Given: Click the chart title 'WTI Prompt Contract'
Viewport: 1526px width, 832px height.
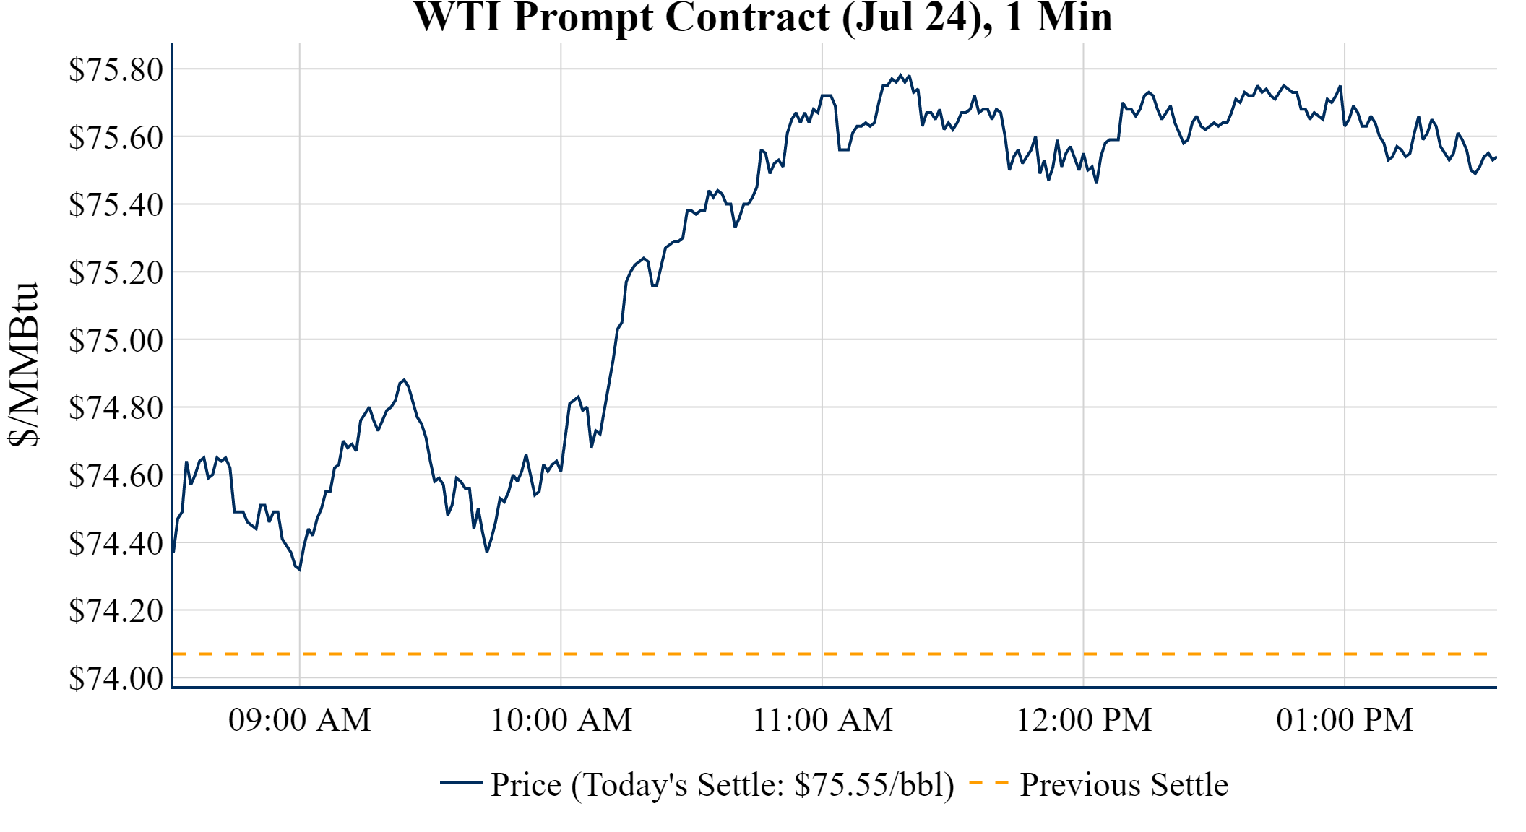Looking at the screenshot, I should coord(762,17).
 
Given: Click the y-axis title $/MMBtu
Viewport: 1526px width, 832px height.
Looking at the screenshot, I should coord(23,365).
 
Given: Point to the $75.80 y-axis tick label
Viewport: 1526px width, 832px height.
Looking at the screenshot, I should coord(116,70).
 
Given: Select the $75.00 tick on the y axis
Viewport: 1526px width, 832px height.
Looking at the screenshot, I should coord(116,340).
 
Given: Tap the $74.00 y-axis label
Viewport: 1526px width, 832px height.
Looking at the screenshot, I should coord(116,678).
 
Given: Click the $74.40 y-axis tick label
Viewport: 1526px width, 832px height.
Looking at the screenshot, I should coord(116,543).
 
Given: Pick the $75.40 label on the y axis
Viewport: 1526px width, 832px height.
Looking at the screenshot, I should coord(116,205).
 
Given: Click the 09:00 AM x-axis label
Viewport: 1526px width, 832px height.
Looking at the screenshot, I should coord(299,720).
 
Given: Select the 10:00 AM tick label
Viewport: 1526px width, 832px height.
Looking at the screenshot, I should coord(561,720).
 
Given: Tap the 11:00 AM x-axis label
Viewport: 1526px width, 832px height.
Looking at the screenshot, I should coord(822,720).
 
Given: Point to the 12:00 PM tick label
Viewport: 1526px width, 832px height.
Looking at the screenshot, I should coord(1084,720).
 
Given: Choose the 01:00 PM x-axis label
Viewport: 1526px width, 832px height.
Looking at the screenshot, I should coord(1345,720).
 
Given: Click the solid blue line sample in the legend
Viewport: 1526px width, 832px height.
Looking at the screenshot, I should coord(461,782).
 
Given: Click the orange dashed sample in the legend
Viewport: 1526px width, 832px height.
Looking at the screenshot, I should coord(988,782).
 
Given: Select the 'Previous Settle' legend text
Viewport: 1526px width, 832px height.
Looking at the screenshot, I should coord(1124,785).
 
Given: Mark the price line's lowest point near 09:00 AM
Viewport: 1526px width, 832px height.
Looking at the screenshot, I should coord(299,570).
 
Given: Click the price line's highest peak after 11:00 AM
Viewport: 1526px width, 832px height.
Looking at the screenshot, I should coord(900,75).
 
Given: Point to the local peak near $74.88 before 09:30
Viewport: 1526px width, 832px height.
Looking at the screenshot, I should coord(404,379).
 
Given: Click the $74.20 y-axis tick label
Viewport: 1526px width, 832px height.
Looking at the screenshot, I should coord(116,611).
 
